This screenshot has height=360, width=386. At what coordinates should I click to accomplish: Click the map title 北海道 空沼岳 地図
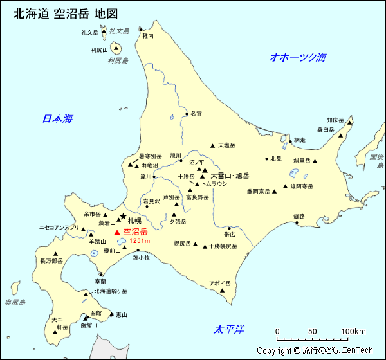tap(65, 14)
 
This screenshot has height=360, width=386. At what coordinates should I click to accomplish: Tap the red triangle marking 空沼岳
tap(116, 231)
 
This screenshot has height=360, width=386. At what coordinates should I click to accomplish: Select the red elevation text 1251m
tap(140, 240)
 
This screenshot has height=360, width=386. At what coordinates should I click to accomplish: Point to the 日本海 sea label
tap(57, 118)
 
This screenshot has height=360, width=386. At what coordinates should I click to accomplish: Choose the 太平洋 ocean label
tap(230, 330)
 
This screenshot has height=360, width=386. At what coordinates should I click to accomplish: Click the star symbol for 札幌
tap(123, 217)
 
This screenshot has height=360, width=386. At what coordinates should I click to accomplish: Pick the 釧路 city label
tap(299, 216)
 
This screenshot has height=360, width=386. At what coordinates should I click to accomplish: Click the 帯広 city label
tap(230, 235)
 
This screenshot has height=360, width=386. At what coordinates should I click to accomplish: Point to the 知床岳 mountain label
tap(336, 120)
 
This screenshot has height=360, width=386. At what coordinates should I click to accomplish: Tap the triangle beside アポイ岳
tap(223, 290)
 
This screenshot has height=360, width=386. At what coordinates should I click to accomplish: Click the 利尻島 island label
tap(118, 60)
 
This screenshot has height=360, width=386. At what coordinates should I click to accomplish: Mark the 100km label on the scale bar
tap(353, 332)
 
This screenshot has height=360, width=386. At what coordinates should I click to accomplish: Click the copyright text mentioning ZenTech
tap(315, 350)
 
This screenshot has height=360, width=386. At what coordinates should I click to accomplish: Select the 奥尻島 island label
tap(15, 302)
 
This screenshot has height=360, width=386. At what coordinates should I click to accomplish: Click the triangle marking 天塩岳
tap(212, 146)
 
